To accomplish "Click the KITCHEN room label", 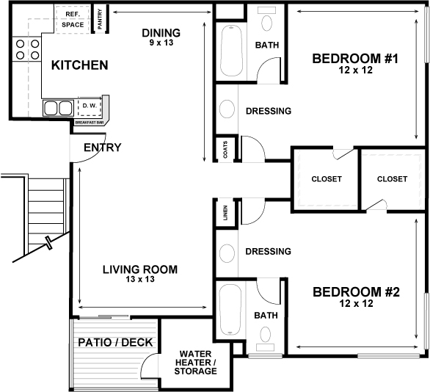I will (79, 65).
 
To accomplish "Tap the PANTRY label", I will (100, 18).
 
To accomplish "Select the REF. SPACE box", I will (73, 19).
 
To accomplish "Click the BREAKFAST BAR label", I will (90, 123).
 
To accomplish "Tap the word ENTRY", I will (102, 148).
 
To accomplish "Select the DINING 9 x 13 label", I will (161, 37).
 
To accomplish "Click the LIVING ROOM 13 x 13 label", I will (139, 274).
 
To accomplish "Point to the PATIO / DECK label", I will (114, 342).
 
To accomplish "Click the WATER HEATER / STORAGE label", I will (196, 362).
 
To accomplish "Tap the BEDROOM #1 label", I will (354, 63).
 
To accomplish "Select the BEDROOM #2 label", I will (355, 297).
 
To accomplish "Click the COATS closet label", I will (225, 150).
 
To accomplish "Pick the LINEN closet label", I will (225, 214).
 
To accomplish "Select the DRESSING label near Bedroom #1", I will (268, 111).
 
